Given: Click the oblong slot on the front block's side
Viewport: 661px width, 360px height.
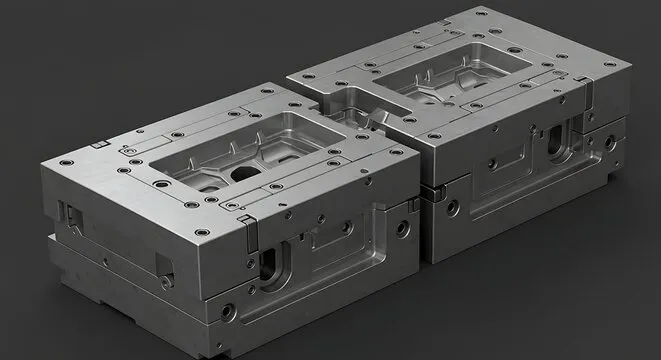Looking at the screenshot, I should [x=272, y=266].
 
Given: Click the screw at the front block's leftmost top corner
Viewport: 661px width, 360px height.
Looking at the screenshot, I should [x=63, y=162].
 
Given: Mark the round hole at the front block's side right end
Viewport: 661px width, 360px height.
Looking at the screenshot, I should [x=402, y=228].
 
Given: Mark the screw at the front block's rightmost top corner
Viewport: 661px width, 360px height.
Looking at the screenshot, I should [x=397, y=152].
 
